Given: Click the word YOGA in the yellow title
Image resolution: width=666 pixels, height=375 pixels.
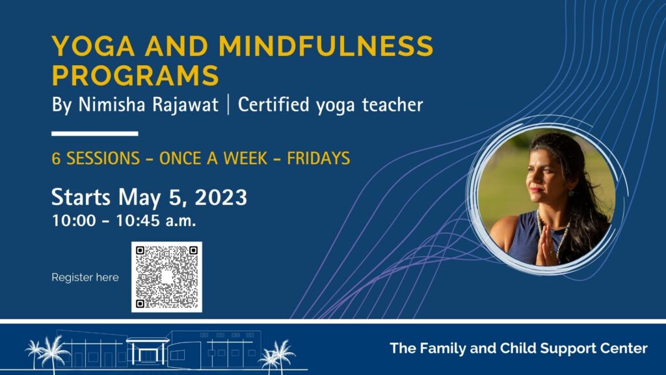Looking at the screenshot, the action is coord(94,46).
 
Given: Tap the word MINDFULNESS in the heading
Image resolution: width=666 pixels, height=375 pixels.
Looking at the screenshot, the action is coord(326,46).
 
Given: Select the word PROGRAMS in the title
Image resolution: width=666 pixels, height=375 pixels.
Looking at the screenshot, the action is coord(135,76).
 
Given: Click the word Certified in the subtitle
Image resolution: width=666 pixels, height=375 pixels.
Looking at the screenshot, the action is coord(273,105).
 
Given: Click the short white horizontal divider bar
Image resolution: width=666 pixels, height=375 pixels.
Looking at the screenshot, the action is coord(95,133).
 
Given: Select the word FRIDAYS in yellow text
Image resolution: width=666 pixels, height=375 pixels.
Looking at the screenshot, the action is coord(319,158).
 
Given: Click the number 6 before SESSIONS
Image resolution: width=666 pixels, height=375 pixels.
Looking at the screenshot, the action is coord(56,158).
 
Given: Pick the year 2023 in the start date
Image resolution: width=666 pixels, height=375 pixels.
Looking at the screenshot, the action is coord(221,197).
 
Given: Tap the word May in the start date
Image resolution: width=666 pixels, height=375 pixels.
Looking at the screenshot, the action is coord(140,198).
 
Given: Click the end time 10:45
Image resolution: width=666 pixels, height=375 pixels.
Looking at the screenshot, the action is coord(137,221).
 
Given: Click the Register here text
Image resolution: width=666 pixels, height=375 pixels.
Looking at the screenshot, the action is coord(85,277).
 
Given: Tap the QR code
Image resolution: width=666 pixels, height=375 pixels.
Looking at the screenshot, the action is coord(166,277).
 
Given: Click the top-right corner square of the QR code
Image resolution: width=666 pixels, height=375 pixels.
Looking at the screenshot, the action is coord(193,251).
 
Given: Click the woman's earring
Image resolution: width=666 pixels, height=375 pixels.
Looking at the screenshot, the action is coord(571,193).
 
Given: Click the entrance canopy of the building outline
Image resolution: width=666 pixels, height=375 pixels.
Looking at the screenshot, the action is coord(148,340).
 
